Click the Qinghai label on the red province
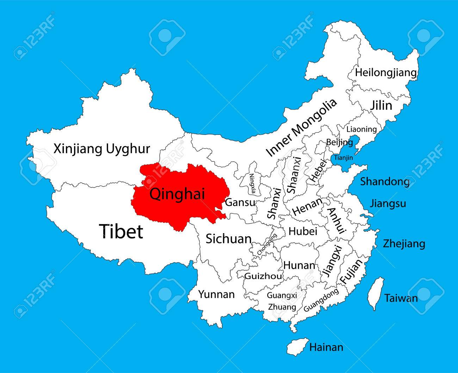[177, 194]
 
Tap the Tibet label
[121, 231]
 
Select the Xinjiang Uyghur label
[102, 149]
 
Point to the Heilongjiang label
[386, 73]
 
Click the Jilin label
[381, 105]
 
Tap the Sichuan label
[228, 239]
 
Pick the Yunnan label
[216, 294]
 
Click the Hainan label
[326, 347]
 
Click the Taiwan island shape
[376, 294]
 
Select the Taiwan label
[401, 298]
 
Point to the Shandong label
[385, 182]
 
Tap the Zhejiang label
[404, 243]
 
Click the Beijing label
[339, 142]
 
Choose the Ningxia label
[252, 184]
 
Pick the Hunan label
[299, 265]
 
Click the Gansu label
[240, 203]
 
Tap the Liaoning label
[361, 129]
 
